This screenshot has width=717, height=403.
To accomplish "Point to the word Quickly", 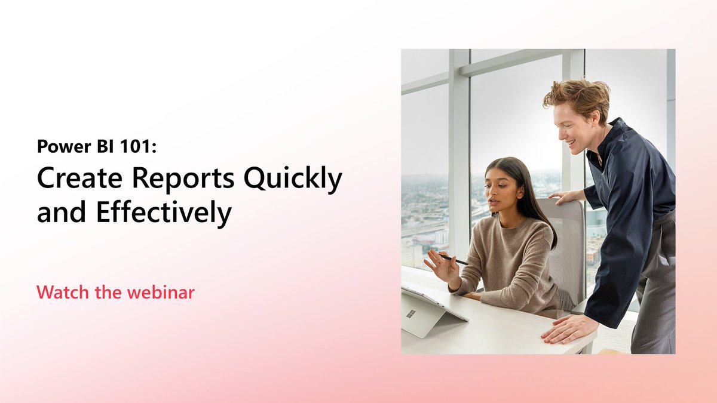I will tap(299, 179).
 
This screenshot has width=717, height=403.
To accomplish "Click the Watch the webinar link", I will tap(115, 293).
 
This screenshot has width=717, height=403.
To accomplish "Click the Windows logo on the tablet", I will tap(411, 314).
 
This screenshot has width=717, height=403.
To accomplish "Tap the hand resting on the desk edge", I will tap(568, 328).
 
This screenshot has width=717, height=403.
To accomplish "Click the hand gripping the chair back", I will tap(565, 196).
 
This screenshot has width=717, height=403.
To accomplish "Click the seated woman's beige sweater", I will tap(508, 263).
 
